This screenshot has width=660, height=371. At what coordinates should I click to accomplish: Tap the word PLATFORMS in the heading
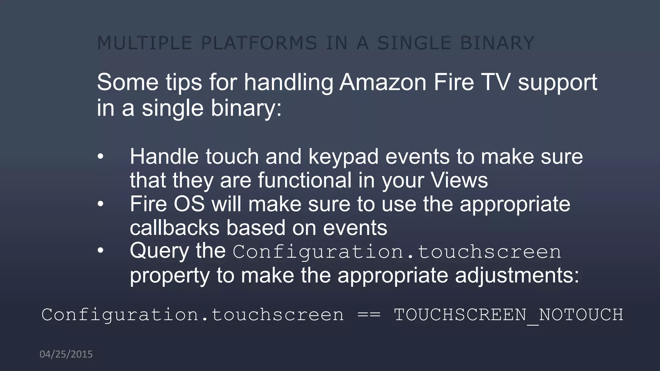259,43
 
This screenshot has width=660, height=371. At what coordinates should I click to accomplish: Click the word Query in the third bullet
159,251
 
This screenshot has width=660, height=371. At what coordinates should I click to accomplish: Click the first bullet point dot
101,157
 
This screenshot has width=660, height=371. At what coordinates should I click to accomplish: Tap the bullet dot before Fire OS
101,204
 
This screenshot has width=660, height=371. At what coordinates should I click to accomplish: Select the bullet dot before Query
101,251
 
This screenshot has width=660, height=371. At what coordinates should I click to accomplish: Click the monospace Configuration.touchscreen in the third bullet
397,252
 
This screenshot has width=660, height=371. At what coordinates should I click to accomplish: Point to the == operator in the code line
369,315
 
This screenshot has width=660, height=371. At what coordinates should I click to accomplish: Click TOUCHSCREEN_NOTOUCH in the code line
508,315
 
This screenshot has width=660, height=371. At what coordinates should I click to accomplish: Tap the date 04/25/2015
66,354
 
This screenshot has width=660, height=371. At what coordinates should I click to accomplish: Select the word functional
305,180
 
